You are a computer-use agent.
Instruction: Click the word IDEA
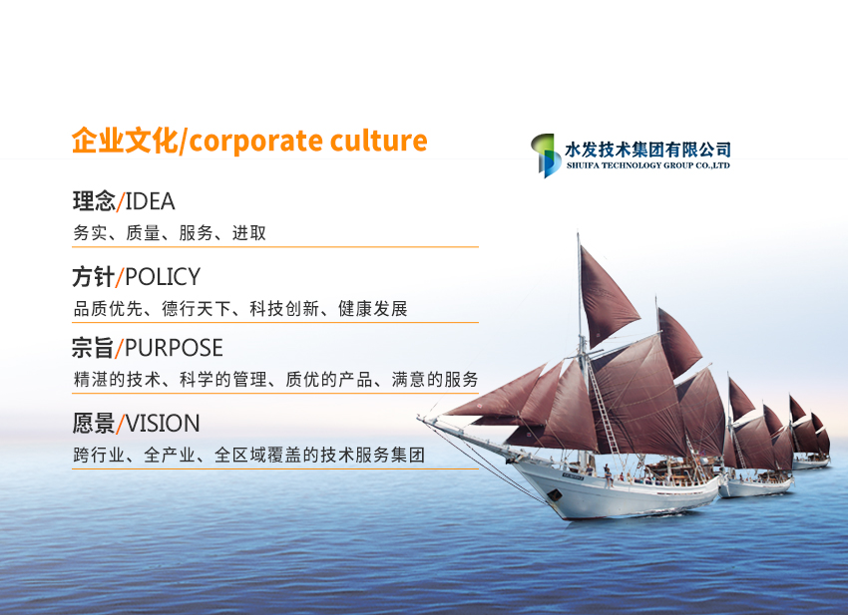[150, 201]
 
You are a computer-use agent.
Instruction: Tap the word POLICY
[163, 277]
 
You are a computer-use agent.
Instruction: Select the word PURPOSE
[174, 348]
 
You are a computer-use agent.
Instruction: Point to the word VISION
[163, 424]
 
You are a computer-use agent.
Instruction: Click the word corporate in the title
[255, 142]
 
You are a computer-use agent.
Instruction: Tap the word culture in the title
[378, 141]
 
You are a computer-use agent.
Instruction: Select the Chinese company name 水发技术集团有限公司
[647, 150]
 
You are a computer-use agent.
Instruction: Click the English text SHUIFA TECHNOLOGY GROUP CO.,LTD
[647, 165]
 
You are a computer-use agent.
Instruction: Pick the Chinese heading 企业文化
[125, 141]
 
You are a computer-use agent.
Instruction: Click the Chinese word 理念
[94, 201]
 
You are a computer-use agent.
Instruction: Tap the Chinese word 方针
[94, 277]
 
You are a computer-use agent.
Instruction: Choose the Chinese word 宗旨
[93, 348]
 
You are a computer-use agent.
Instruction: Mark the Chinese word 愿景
[94, 424]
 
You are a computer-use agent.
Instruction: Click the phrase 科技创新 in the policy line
[284, 309]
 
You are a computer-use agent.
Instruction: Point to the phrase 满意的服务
[435, 380]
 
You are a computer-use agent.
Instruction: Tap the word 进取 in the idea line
[249, 233]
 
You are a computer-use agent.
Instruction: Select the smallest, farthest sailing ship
[810, 433]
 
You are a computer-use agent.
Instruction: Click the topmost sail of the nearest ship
[606, 294]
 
